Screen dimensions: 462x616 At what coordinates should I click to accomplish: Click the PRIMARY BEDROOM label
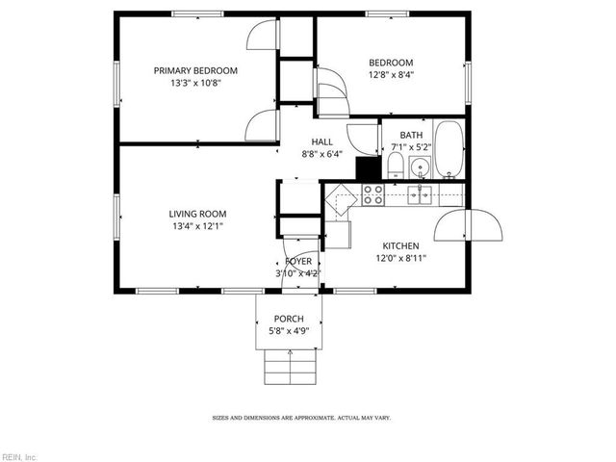click(195, 70)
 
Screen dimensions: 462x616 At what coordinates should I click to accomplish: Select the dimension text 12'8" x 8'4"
click(390, 74)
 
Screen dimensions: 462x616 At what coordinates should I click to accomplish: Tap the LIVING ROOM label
click(197, 214)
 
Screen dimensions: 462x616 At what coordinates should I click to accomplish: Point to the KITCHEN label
click(402, 245)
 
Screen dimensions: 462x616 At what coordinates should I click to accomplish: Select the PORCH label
click(289, 319)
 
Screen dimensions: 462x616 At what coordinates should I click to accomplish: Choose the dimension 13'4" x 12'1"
click(196, 227)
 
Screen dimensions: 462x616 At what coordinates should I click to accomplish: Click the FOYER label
click(297, 261)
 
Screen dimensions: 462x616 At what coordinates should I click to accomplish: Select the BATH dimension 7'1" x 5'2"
click(411, 147)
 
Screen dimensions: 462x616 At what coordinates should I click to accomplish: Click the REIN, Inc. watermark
click(19, 455)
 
